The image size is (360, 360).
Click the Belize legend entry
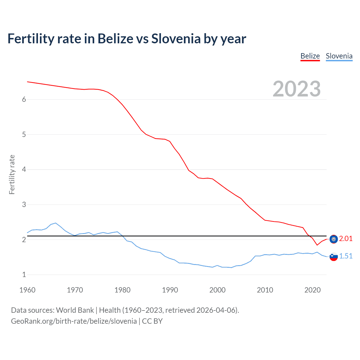[310, 56]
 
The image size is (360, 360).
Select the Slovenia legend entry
[339, 56]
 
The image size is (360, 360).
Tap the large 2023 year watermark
[296, 89]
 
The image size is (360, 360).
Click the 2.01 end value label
[346, 239]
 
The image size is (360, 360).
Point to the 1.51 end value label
[346, 256]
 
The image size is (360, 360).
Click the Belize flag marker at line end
[334, 239]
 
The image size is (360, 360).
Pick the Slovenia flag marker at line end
[334, 256]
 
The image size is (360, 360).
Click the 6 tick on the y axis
[24, 99]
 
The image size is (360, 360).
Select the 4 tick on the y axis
[24, 170]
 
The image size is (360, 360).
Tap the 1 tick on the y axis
[24, 275]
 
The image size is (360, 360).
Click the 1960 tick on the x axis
[27, 290]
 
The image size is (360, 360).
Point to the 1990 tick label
[170, 290]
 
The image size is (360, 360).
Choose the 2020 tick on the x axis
[312, 290]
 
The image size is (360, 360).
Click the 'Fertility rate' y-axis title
[12, 174]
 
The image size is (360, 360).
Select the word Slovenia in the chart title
[176, 39]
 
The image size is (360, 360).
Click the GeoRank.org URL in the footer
[74, 321]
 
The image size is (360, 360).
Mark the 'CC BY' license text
[152, 321]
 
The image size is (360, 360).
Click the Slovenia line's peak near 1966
[55, 223]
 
